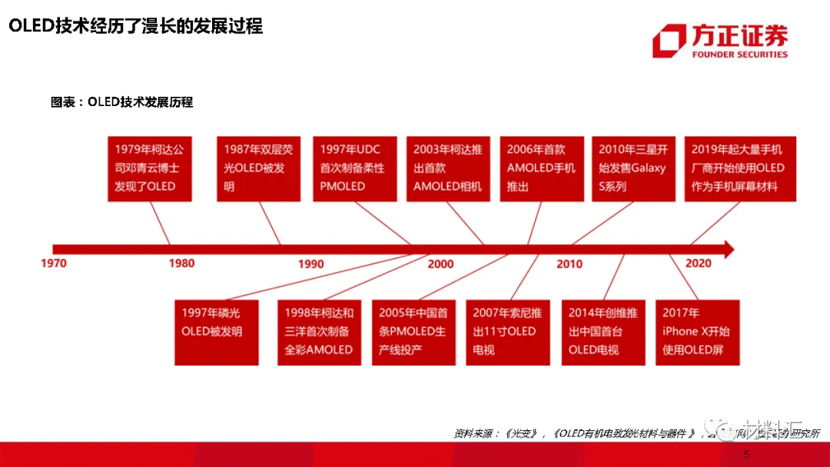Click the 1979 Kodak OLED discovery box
[x=145, y=169]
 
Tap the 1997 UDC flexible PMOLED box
[x=354, y=169]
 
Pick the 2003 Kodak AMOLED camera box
[x=448, y=169]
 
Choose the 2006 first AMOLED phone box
[x=541, y=169]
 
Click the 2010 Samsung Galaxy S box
[x=634, y=169]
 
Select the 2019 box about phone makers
[x=739, y=169]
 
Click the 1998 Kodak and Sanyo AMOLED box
[x=319, y=332]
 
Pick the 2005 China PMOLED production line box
[x=413, y=332]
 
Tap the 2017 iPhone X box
[x=697, y=332]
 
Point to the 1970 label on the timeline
[x=54, y=263]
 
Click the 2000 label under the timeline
[x=440, y=263]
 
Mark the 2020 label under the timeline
[x=698, y=263]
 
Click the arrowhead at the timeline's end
[x=725, y=249]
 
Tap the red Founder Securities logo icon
[x=669, y=41]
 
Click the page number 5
[x=745, y=455]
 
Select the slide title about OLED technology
[x=135, y=27]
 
